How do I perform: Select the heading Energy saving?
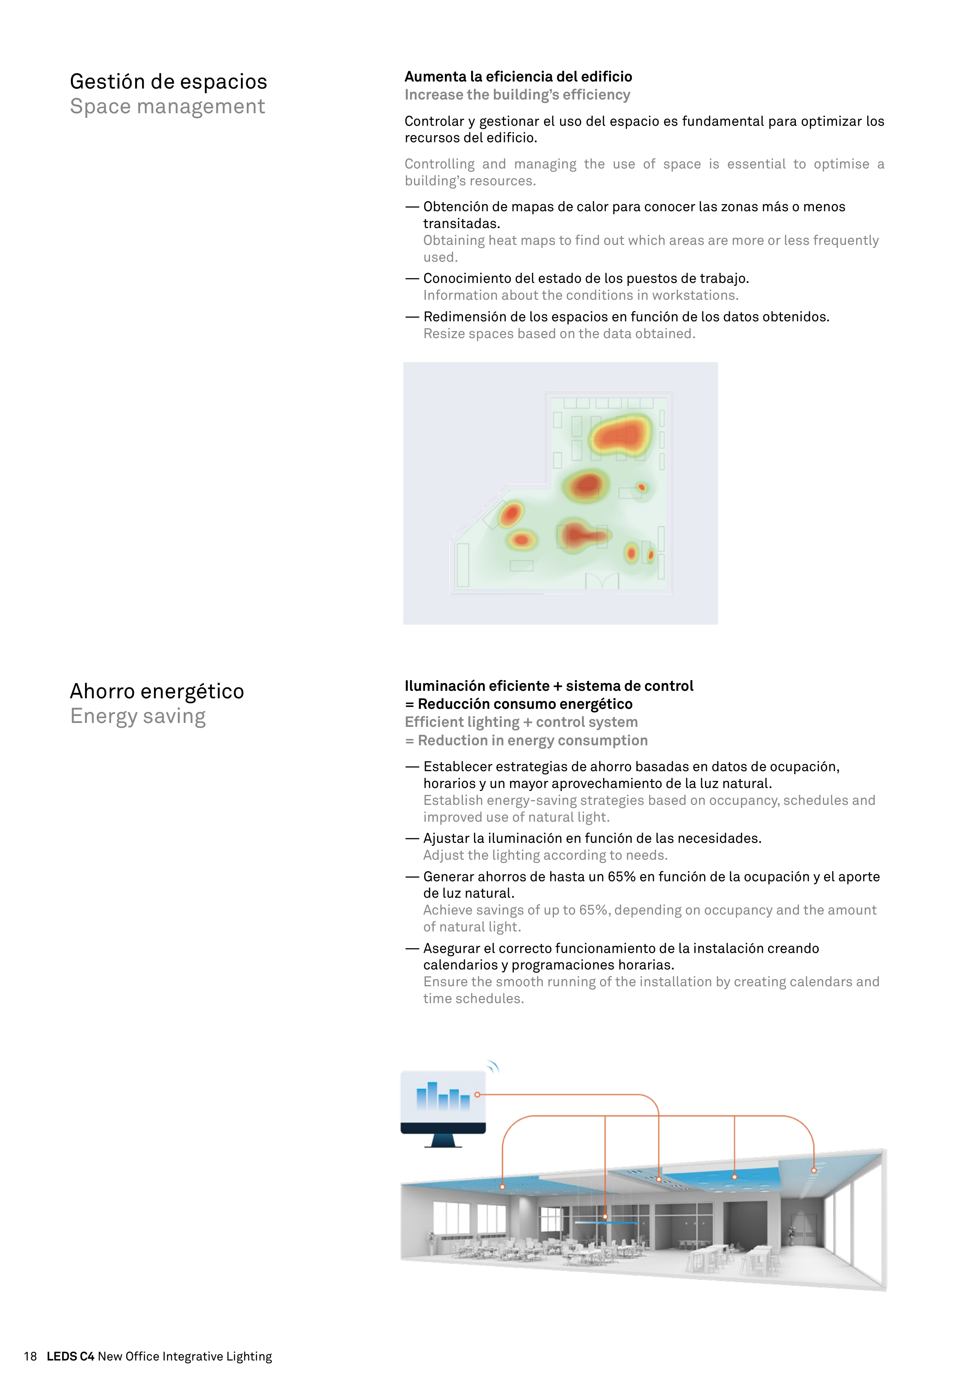pos(138,716)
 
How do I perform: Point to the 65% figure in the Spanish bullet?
pos(621,877)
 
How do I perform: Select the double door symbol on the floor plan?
pos(602,580)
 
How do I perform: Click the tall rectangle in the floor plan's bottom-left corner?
pos(463,565)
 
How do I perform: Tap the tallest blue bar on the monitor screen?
pos(432,1095)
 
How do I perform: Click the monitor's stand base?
pos(443,1145)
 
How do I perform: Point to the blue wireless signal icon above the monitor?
pos(493,1067)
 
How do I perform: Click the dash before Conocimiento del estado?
pos(412,279)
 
